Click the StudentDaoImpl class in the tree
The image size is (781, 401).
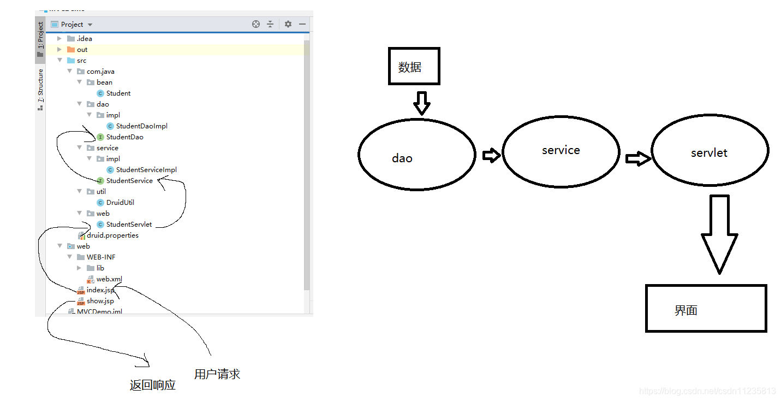[141, 126]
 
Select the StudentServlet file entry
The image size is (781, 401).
[129, 225]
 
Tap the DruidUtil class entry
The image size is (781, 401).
[120, 203]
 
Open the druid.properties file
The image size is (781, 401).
[112, 235]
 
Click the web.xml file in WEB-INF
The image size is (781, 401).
[109, 279]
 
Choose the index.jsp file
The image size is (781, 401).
[100, 290]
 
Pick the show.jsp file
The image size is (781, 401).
[100, 301]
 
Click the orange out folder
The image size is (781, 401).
[81, 50]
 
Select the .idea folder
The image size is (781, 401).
[84, 39]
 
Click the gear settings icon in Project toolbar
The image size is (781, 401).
[288, 24]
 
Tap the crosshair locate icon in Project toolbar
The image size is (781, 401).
[256, 24]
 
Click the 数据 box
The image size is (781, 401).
[414, 66]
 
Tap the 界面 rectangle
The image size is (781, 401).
[706, 308]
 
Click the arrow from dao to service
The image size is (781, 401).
[491, 156]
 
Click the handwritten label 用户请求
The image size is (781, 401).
[217, 374]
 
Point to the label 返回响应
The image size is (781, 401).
[153, 385]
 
